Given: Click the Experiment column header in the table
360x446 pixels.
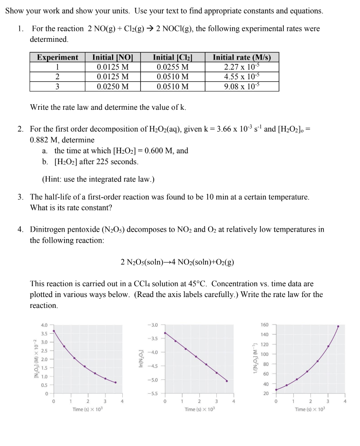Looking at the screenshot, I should coord(57,57).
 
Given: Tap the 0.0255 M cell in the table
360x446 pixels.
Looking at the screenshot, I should coord(173,67).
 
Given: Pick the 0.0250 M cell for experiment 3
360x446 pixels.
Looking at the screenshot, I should coord(113,86).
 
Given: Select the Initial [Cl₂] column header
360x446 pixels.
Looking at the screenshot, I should coord(173,57).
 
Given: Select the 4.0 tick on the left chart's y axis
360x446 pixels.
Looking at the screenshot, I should coord(44,325).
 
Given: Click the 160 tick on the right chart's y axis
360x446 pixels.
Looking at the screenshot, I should coord(265,325).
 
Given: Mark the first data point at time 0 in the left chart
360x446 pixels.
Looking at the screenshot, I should coord(54,331).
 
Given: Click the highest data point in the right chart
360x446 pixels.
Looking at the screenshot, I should coord(338,326).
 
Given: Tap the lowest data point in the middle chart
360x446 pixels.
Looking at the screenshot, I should coord(226,381).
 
